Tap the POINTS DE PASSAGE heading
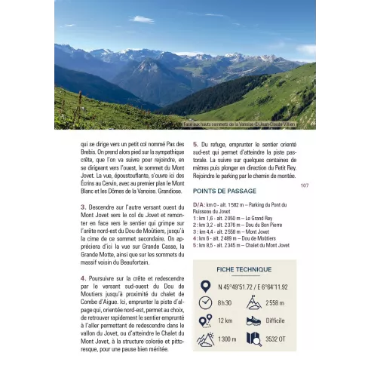click(224, 191)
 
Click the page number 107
click(305, 185)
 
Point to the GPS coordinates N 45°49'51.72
click(253, 287)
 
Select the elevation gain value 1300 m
click(227, 340)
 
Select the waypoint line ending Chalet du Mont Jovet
click(241, 244)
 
